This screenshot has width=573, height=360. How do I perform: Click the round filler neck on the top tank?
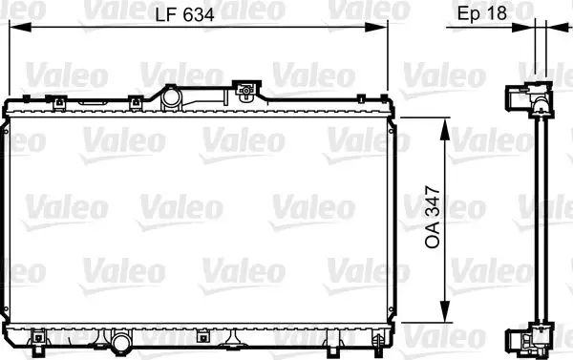point(172,96)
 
